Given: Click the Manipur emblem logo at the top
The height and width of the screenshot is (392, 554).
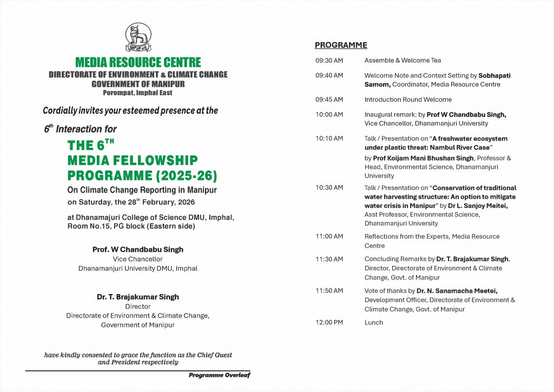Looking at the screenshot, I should pyautogui.click(x=138, y=36).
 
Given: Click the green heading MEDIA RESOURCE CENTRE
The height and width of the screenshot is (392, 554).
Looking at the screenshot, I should pyautogui.click(x=138, y=62).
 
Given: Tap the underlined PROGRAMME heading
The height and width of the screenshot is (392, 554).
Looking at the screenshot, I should pyautogui.click(x=341, y=45).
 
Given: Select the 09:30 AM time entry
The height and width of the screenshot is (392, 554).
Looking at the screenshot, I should pyautogui.click(x=329, y=61).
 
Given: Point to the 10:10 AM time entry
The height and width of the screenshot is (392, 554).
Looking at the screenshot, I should pyautogui.click(x=329, y=139).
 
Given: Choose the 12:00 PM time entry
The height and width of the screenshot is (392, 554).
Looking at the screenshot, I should pyautogui.click(x=329, y=323).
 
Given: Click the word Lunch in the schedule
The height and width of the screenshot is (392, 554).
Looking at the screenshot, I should pyautogui.click(x=373, y=323).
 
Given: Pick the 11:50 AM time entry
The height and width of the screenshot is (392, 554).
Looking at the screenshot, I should pyautogui.click(x=329, y=291).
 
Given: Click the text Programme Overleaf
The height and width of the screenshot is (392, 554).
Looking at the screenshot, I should pyautogui.click(x=219, y=375).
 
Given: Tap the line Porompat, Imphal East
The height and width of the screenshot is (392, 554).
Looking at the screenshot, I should pyautogui.click(x=138, y=93).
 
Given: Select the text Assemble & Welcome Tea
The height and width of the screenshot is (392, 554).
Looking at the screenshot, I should pyautogui.click(x=403, y=61).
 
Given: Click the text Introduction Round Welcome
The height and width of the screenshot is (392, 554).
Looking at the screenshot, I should pyautogui.click(x=408, y=100).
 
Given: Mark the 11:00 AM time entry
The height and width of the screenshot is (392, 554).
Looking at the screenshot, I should pyautogui.click(x=329, y=237).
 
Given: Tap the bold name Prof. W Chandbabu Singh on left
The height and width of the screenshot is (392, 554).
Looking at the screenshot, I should pyautogui.click(x=138, y=250).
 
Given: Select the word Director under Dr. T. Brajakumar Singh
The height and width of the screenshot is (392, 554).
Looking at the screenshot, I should pyautogui.click(x=138, y=306).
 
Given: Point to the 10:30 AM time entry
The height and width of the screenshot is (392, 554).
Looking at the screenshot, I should pyautogui.click(x=329, y=188).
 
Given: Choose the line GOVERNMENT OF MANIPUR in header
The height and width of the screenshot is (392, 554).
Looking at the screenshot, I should pyautogui.click(x=138, y=84).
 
